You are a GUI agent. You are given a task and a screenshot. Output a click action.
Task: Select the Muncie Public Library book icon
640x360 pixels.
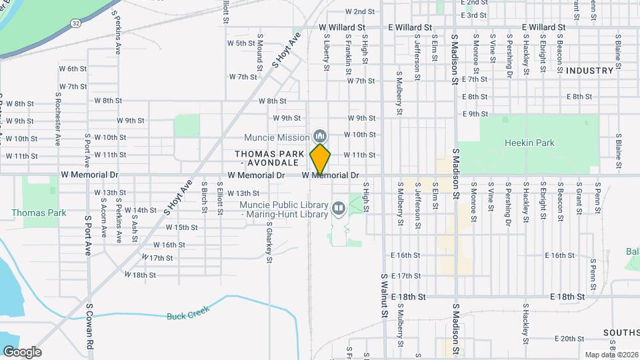point(339,209)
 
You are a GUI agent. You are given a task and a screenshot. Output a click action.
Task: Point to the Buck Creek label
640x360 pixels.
point(188,313)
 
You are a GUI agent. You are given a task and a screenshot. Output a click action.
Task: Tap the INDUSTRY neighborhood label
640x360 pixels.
point(589,71)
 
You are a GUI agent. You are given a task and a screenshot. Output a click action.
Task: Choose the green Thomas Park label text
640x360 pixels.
point(39,213)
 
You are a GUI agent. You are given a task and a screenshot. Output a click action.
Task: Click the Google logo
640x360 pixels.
point(22,352)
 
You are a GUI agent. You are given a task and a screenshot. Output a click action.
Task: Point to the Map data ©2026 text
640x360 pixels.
point(610,355)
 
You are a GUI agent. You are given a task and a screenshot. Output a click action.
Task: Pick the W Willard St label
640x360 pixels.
point(343,27)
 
